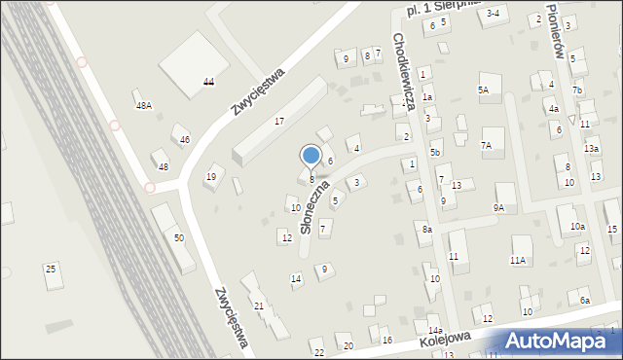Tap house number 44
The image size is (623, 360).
[208, 83]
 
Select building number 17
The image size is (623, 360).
[278, 121]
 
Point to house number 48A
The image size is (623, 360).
[144, 105]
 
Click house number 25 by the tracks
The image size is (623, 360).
[51, 268]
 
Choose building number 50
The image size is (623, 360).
[178, 238]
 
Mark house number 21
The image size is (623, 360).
[259, 306]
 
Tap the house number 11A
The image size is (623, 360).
[518, 260]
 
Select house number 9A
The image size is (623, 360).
[498, 207]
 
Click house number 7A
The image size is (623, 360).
[487, 145]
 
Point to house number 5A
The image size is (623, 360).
[483, 90]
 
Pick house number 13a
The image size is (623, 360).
[591, 148]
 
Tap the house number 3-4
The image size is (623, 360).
[493, 13]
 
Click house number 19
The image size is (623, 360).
[210, 176]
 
